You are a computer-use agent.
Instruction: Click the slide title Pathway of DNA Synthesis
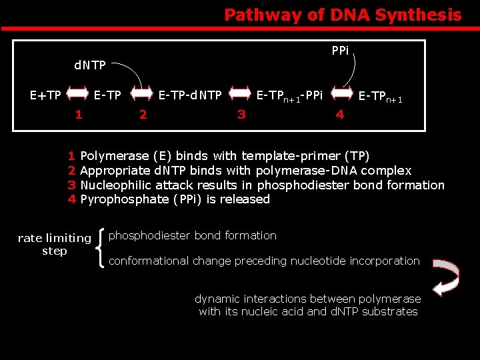pyautogui.click(x=343, y=15)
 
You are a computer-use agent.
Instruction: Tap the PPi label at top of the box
pyautogui.click(x=340, y=51)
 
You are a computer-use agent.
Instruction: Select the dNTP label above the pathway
pyautogui.click(x=89, y=65)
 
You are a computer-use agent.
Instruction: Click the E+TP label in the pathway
pyautogui.click(x=46, y=95)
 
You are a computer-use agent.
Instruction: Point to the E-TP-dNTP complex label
pyautogui.click(x=190, y=95)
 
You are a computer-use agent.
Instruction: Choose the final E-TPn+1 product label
pyautogui.click(x=381, y=97)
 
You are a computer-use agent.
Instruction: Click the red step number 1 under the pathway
pyautogui.click(x=79, y=114)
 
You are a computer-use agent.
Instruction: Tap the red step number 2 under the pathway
pyautogui.click(x=143, y=114)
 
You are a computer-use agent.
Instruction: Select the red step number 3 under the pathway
pyautogui.click(x=241, y=114)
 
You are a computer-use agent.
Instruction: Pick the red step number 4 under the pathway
pyautogui.click(x=340, y=114)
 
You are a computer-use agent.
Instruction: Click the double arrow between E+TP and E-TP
pyautogui.click(x=78, y=95)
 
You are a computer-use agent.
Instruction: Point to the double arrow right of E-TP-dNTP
pyautogui.click(x=240, y=95)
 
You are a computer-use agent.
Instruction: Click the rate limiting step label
pyautogui.click(x=55, y=244)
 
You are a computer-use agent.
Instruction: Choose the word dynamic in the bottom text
pyautogui.click(x=217, y=299)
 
